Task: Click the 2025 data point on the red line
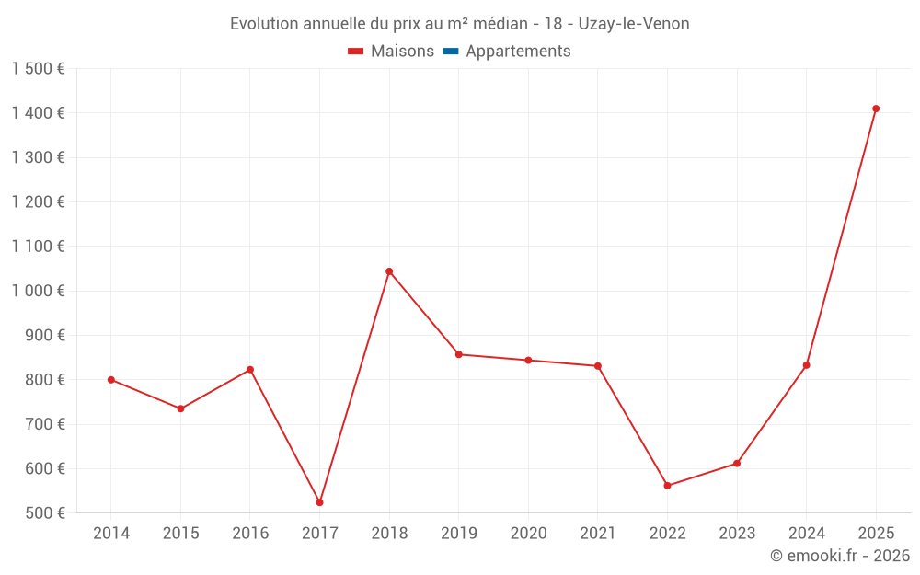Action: tap(876, 109)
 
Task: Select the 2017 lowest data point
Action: tap(319, 502)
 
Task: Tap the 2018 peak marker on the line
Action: tap(389, 271)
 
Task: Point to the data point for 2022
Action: tap(667, 486)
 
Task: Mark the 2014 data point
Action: tap(111, 380)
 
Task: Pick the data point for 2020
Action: tap(528, 361)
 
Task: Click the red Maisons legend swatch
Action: tap(356, 52)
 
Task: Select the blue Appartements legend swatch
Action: tap(451, 52)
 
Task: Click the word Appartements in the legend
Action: tap(518, 52)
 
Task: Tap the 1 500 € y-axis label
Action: tap(39, 69)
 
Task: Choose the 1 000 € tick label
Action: tap(39, 291)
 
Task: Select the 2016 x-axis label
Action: tap(250, 534)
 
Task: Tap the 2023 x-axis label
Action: tap(737, 534)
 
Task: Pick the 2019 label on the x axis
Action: tap(458, 534)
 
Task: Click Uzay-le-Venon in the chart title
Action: tap(634, 24)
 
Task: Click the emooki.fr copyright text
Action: tap(840, 556)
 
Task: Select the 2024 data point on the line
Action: tap(806, 365)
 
